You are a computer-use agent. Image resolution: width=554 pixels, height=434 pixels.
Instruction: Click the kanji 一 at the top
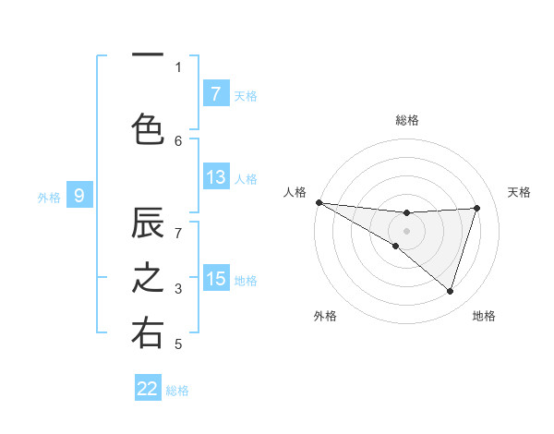(148, 56)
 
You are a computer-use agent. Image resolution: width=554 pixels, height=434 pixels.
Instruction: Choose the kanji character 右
(148, 333)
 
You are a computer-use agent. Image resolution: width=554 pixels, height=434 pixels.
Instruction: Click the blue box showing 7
(215, 94)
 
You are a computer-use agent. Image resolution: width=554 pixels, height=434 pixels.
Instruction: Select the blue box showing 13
(215, 177)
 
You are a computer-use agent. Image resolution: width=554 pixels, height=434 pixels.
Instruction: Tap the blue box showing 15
(215, 279)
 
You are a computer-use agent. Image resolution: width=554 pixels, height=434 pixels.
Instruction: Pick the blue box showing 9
(79, 196)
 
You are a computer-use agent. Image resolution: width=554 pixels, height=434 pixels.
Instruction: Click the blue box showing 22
(148, 389)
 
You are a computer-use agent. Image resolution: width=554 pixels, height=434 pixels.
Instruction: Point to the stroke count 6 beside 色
(178, 141)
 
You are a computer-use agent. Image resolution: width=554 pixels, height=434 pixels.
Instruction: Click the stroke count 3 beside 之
(178, 289)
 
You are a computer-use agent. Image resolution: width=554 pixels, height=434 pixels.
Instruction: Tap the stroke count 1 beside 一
(178, 66)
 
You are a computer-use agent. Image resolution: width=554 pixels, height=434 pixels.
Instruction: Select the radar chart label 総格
(407, 120)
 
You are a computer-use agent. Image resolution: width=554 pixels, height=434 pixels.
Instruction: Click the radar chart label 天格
(520, 192)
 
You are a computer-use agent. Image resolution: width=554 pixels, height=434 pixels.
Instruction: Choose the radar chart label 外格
(325, 316)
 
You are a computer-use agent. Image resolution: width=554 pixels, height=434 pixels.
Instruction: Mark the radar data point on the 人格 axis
(319, 202)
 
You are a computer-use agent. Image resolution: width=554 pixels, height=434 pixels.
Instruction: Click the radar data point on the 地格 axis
(451, 291)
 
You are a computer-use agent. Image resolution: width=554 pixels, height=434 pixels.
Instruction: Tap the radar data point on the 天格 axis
(477, 208)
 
